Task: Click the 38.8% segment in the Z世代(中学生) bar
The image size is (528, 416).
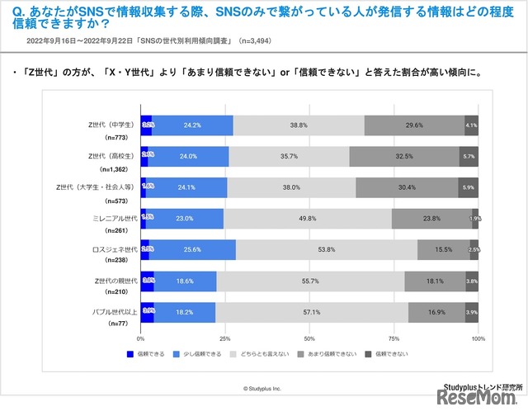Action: coord(299,125)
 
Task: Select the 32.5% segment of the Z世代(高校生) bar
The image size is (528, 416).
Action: coord(404,156)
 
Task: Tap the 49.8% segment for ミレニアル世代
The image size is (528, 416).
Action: coord(309,218)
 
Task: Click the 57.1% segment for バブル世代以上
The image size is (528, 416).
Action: coord(312,312)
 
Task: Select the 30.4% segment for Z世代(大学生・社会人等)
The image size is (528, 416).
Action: coord(407,187)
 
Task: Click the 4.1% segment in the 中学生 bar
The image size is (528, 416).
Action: coord(471,125)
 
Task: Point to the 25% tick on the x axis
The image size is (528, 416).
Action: coord(225,338)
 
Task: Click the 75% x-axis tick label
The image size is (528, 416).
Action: coord(394,338)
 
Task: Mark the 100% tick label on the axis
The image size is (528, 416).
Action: coord(477,338)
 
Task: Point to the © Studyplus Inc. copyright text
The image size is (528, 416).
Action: coord(262,388)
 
